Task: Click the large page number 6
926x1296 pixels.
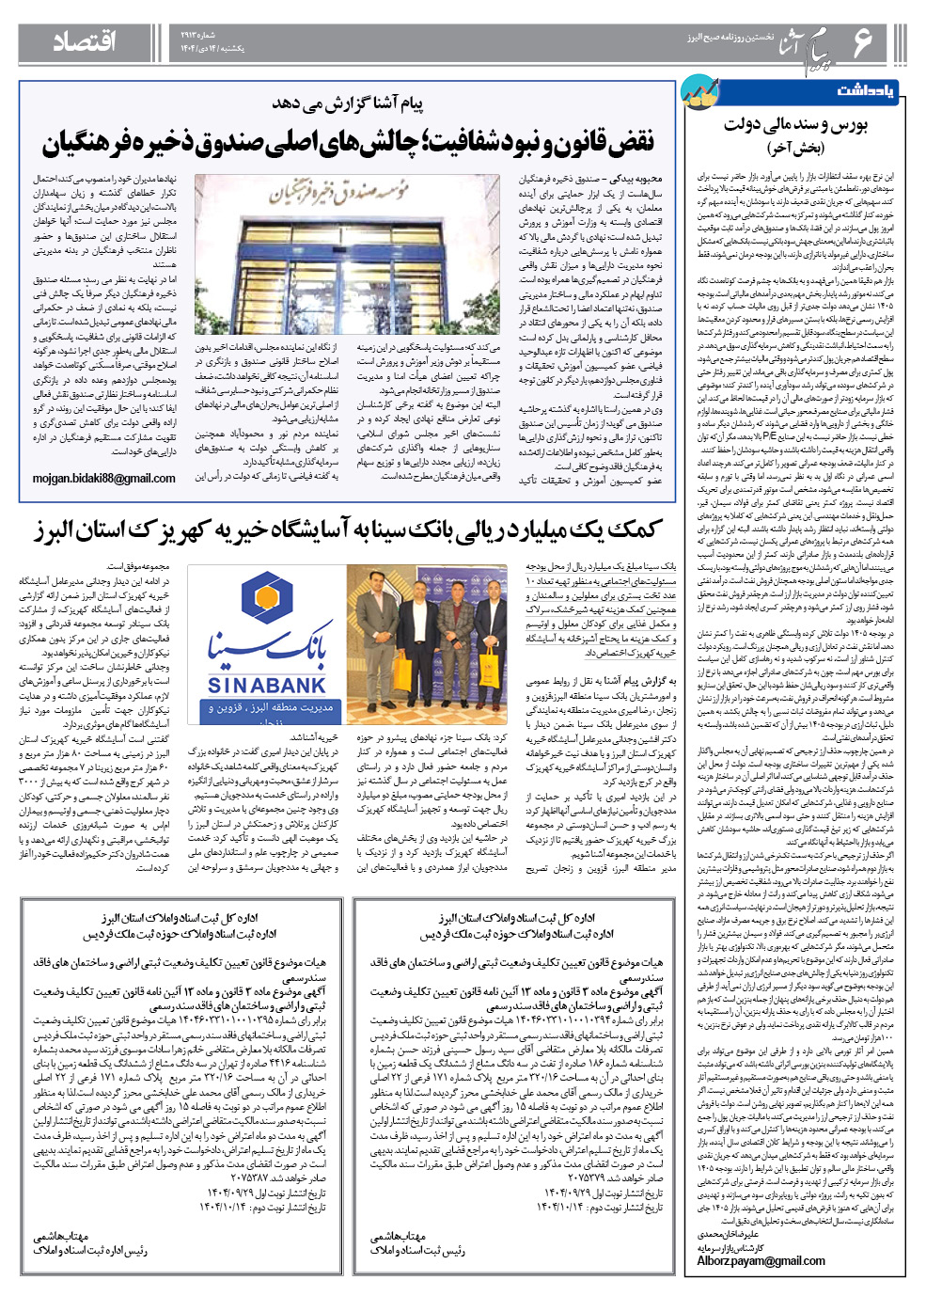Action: [861, 42]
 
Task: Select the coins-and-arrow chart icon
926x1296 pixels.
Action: [700, 91]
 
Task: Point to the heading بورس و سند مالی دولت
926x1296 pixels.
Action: [795, 124]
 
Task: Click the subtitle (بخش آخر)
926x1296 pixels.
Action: [795, 148]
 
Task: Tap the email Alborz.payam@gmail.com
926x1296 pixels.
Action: [761, 1261]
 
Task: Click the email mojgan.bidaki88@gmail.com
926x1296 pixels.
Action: [104, 479]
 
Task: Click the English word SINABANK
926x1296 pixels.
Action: [266, 686]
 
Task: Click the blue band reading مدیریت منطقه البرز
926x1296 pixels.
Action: [266, 708]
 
